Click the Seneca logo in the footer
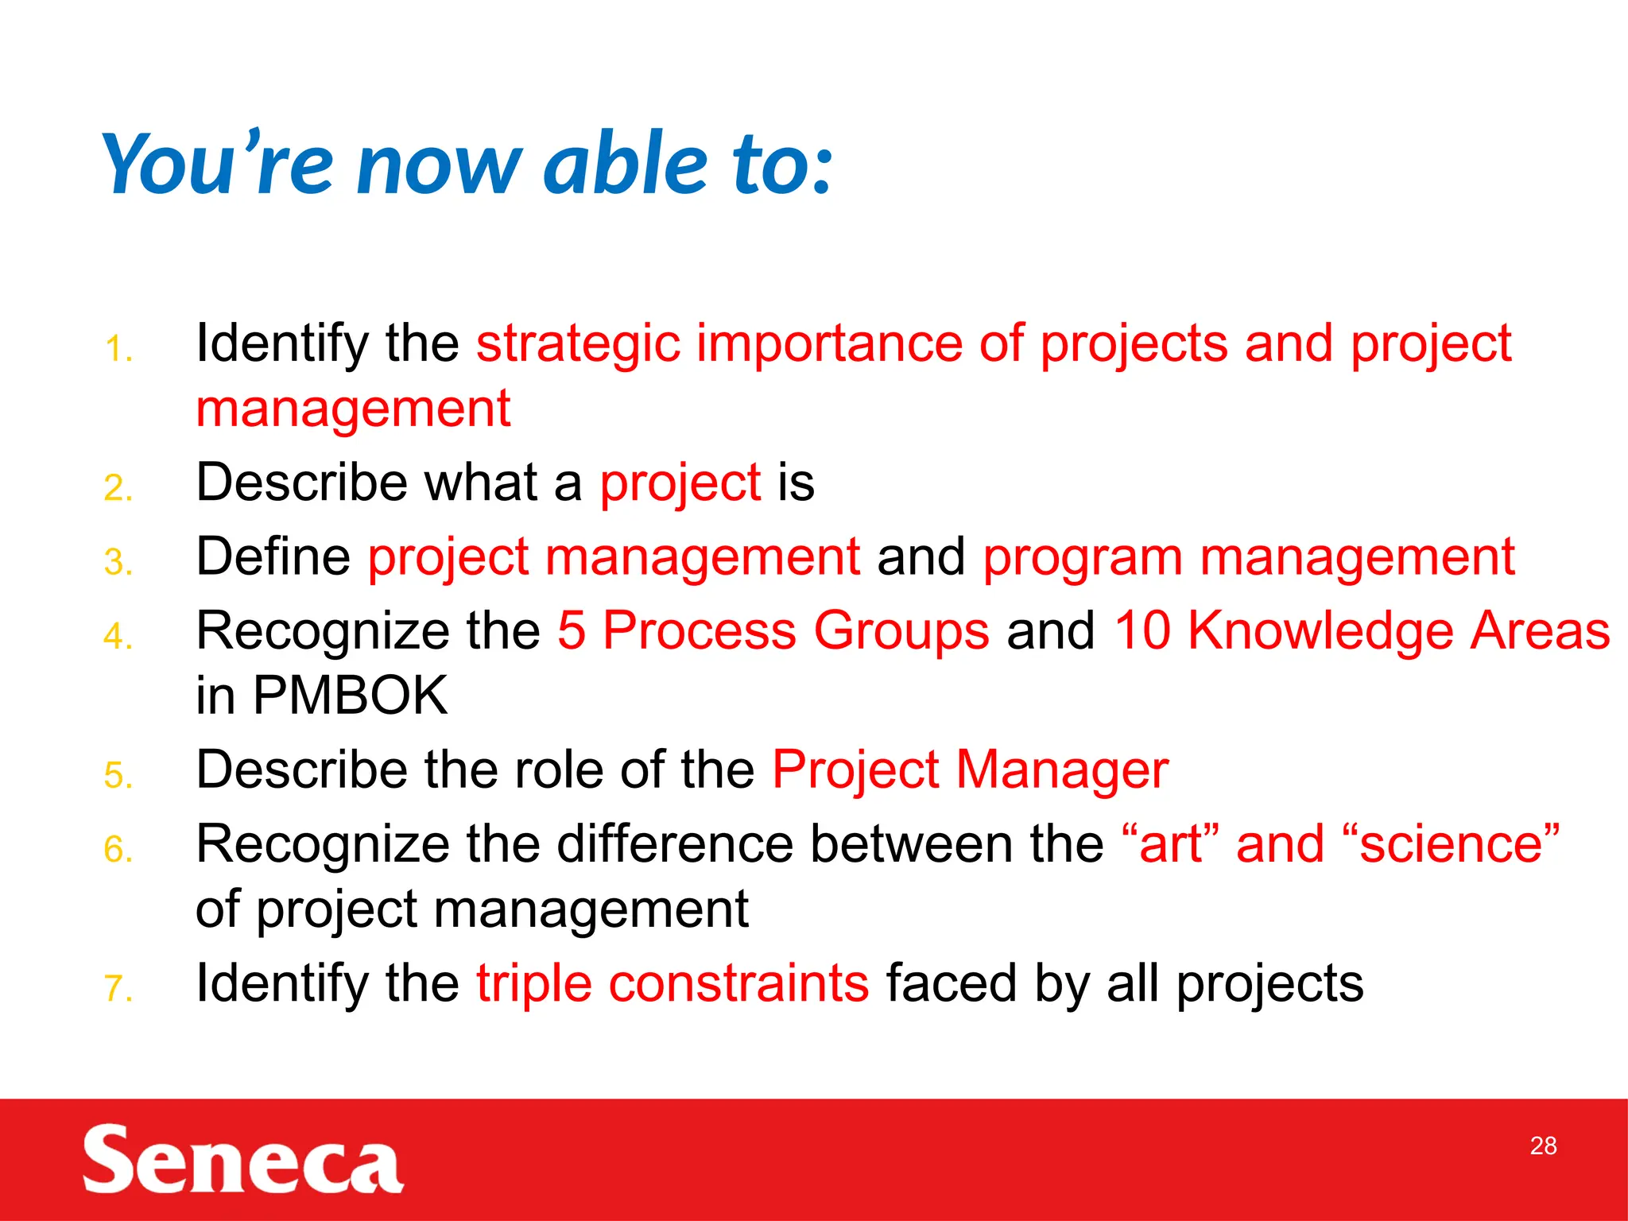242,1159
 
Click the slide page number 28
1543,1145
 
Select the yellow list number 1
118,350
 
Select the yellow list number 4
118,637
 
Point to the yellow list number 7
118,989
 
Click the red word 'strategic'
578,345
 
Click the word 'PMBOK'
350,696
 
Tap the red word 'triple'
534,983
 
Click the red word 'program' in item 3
1083,558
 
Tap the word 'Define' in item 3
273,556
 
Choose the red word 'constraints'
738,983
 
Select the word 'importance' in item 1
829,345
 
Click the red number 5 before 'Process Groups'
571,630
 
